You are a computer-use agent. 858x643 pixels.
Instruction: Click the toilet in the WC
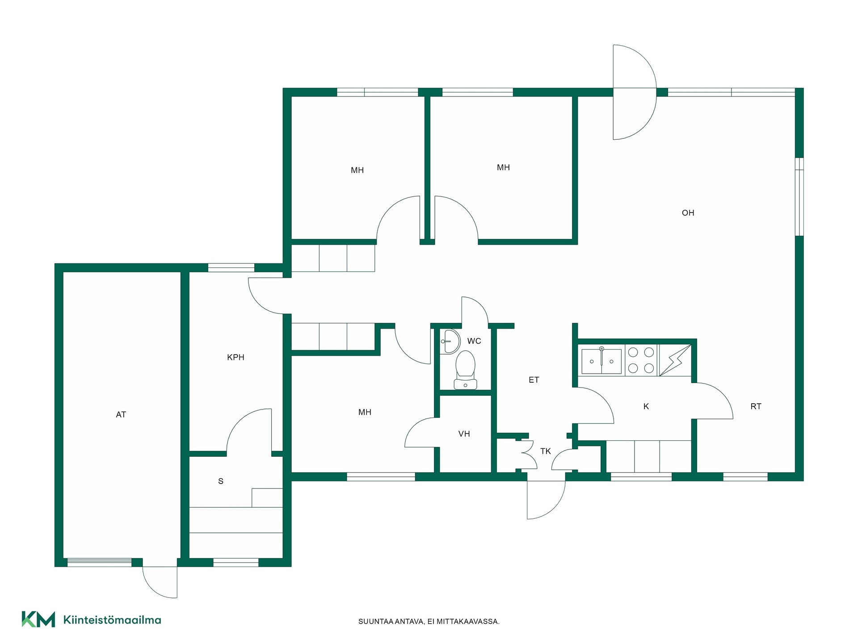(466, 370)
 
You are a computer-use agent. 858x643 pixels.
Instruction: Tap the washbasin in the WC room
(450, 342)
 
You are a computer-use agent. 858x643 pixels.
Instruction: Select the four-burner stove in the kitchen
(641, 360)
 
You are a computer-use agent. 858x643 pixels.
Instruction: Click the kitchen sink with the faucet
(601, 360)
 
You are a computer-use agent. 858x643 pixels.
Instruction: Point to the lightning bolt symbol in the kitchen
(675, 360)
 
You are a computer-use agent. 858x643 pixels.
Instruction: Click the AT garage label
(121, 415)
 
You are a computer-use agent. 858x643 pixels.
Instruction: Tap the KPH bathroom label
(236, 357)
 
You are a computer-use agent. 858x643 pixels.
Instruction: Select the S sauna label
(221, 481)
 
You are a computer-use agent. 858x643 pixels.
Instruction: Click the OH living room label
(688, 213)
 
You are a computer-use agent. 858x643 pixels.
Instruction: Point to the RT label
(756, 406)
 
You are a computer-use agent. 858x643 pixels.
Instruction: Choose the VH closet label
(464, 434)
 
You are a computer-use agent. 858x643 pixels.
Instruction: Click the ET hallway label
(534, 380)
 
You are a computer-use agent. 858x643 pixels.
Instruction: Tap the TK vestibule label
(545, 451)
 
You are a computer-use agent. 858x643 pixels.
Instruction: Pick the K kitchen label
(646, 406)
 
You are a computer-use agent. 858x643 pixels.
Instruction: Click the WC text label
(474, 341)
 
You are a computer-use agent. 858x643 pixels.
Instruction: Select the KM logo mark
(38, 619)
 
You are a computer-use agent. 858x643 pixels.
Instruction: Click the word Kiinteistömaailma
(112, 620)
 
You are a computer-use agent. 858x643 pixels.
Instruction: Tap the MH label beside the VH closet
(365, 412)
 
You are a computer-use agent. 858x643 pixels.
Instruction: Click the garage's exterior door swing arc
(154, 589)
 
